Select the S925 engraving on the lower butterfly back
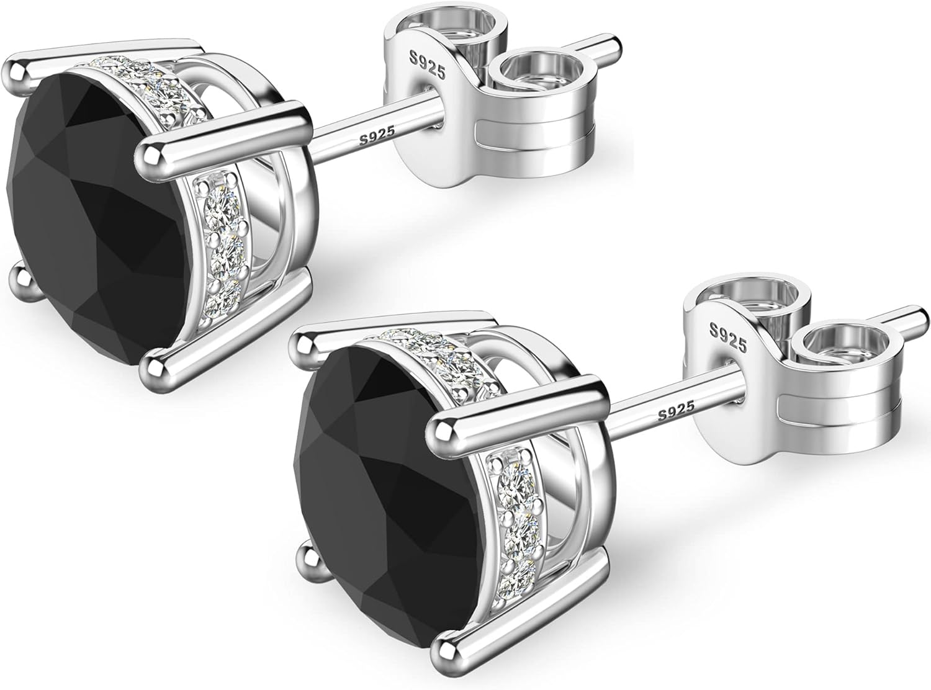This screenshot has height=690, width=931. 724,337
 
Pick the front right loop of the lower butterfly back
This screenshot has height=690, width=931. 832,347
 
